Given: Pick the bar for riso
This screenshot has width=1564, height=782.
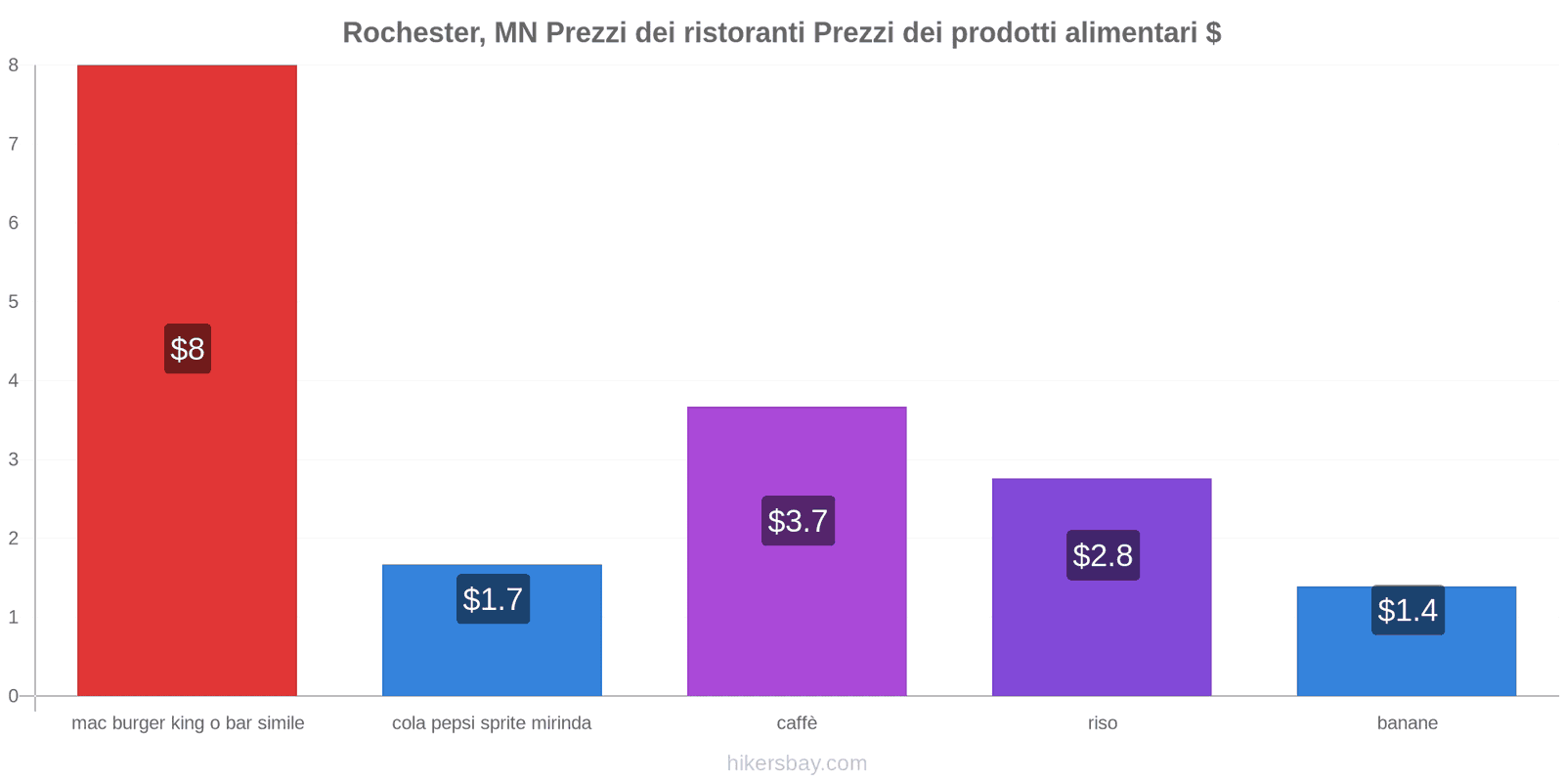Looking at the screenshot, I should [1102, 635].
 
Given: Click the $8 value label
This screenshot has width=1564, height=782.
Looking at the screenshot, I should [188, 349].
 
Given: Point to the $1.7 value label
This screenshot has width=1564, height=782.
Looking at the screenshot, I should [493, 599].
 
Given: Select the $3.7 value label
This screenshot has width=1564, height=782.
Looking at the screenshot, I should [798, 521].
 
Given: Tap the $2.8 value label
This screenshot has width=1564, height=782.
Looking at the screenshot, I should [1103, 555].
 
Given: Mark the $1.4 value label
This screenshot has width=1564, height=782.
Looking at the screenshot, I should [1408, 610].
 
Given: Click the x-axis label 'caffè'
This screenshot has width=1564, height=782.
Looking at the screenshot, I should [797, 723].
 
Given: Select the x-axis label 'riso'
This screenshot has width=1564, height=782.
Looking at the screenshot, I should [1102, 723].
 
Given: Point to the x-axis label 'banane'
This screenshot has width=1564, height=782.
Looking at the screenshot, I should [1407, 723].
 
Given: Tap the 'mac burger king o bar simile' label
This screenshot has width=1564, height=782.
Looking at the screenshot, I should [188, 723].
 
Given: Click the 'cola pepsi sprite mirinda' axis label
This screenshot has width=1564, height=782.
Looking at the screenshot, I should [492, 723].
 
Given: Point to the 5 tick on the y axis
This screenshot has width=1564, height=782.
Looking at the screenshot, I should [14, 301].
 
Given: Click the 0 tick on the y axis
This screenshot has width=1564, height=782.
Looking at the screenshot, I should [14, 696].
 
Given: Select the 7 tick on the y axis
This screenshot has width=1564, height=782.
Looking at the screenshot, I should [14, 144].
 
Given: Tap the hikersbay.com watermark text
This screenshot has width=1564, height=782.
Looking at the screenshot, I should [797, 763].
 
